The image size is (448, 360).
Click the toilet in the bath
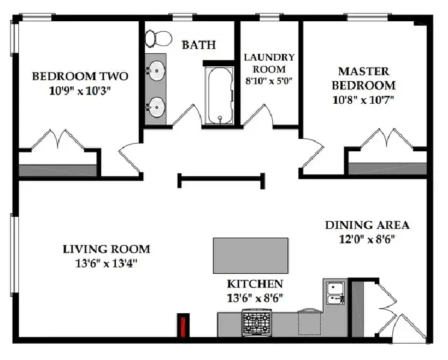click(158, 39)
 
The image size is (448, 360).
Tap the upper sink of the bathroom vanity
click(156, 70)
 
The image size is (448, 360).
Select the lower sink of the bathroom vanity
click(156, 107)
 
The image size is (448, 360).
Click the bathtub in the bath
click(220, 96)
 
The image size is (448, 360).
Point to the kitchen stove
click(257, 323)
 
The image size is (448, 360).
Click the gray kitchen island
click(250, 256)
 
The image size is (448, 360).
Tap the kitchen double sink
click(336, 293)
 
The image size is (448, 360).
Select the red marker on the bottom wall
click(183, 326)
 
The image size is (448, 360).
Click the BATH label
click(199, 45)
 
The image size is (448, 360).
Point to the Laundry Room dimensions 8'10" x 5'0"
click(269, 81)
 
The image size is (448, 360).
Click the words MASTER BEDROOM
click(364, 78)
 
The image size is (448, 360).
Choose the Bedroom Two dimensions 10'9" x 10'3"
click(79, 91)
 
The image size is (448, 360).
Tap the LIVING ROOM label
click(106, 249)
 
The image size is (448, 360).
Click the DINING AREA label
click(367, 225)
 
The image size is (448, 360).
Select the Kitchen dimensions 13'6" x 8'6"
click(255, 298)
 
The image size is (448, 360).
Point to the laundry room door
click(258, 115)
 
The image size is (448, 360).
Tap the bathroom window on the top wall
click(183, 17)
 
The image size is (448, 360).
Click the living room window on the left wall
click(14, 254)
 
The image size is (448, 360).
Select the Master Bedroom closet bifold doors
click(387, 139)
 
